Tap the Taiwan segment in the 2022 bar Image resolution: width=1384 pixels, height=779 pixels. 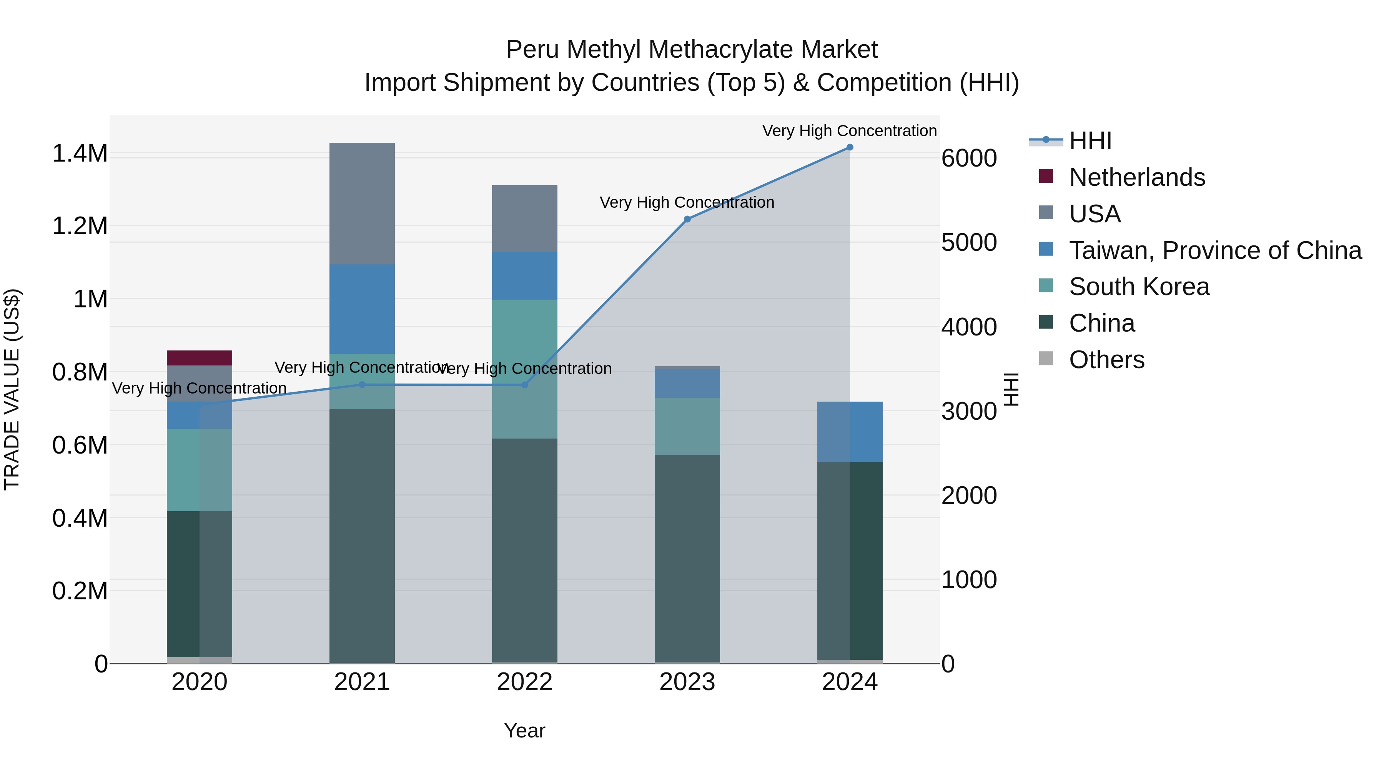(524, 275)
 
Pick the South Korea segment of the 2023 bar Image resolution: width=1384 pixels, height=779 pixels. (687, 426)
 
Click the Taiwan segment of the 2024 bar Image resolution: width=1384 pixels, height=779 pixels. (849, 431)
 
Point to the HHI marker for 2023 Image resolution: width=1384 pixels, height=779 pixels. (687, 219)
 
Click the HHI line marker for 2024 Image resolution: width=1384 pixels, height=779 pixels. (849, 147)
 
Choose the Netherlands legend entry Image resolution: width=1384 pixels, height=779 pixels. (1136, 177)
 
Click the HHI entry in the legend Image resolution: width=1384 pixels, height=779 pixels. (1090, 141)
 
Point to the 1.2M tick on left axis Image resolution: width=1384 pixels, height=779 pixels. (80, 226)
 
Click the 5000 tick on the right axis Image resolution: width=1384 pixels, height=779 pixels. (969, 242)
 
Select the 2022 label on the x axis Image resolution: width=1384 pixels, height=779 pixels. (524, 682)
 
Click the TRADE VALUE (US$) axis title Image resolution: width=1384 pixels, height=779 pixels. (12, 389)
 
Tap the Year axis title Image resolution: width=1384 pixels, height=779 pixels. (524, 731)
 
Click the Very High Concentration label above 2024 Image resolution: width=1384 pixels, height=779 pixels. (849, 131)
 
